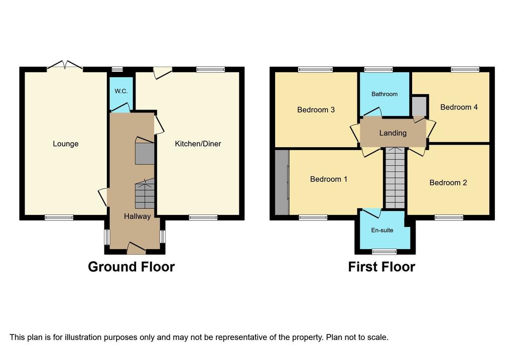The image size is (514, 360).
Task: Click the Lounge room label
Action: tap(66, 144)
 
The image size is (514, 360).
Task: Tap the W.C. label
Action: tap(121, 91)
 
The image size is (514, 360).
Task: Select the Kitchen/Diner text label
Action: tap(198, 144)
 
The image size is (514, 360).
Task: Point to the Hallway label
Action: tap(138, 216)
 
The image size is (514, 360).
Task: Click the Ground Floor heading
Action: tap(131, 267)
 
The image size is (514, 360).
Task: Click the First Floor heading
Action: tap(381, 267)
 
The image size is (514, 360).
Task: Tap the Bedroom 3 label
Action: tap(316, 110)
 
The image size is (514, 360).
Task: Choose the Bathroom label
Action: tap(384, 94)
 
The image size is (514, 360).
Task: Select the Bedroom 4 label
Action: tap(459, 107)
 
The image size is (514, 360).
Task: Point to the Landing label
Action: tap(393, 133)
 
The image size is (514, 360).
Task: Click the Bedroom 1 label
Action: tap(328, 179)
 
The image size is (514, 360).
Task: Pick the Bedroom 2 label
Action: tap(448, 183)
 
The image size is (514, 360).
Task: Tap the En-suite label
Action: tap(382, 230)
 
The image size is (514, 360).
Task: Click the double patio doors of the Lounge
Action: tap(65, 65)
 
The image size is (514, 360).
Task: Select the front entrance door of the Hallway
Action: tap(136, 248)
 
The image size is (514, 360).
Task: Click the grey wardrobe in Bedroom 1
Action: tap(282, 182)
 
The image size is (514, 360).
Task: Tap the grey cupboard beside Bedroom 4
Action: tap(419, 106)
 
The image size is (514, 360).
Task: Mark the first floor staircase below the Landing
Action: tap(395, 178)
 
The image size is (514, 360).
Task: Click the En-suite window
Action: tap(384, 252)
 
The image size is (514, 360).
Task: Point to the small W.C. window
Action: tap(117, 69)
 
